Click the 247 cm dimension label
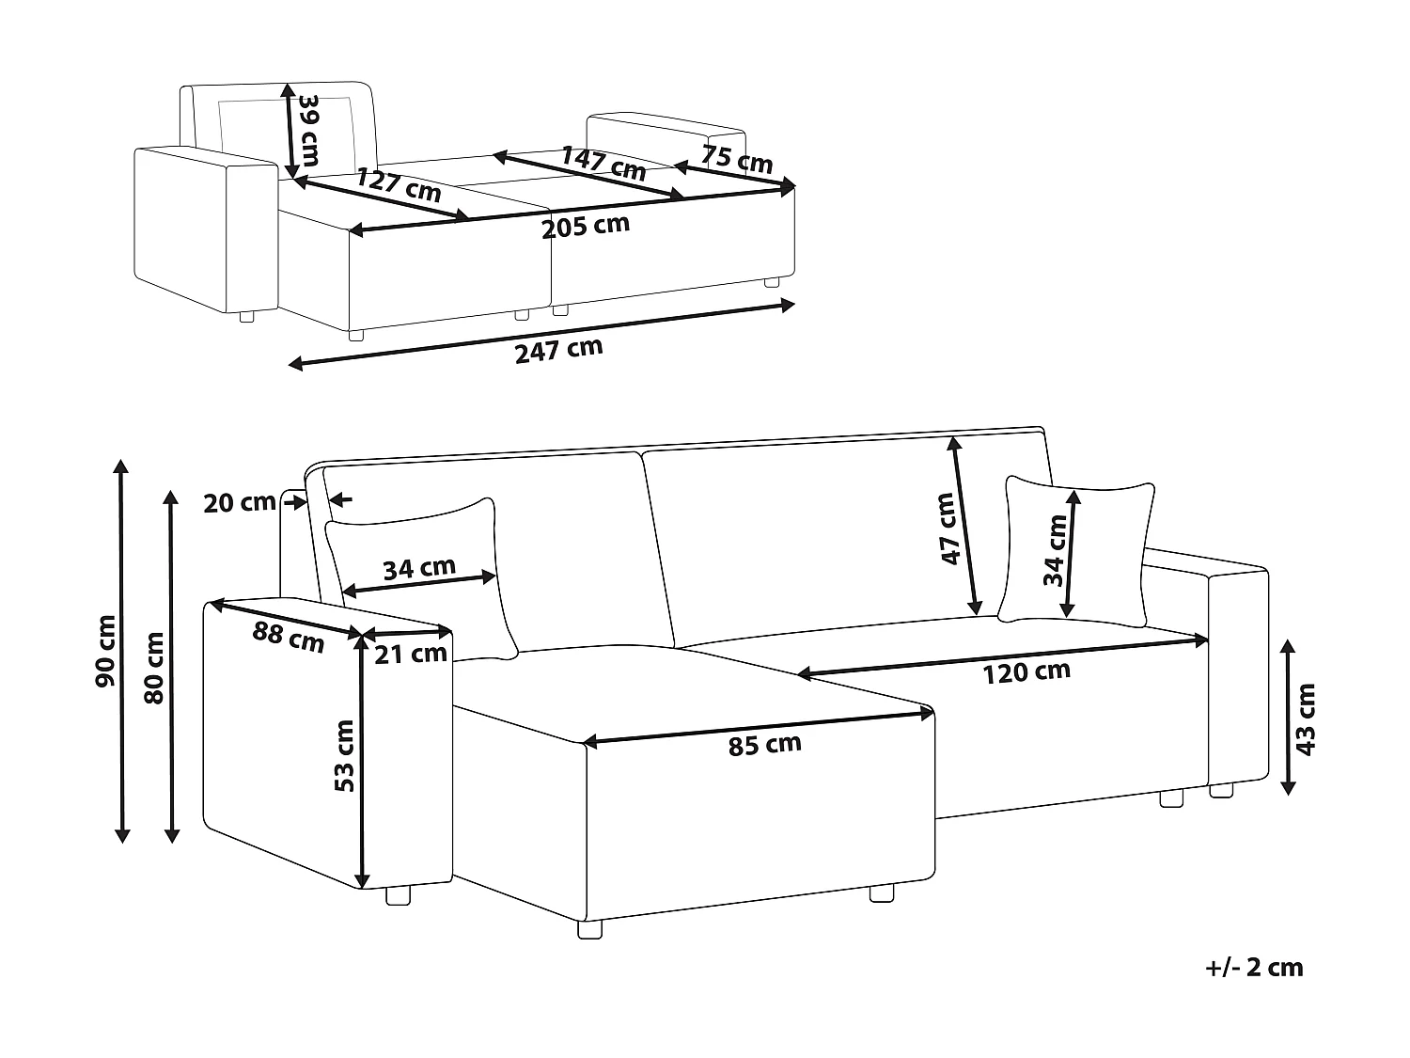559,350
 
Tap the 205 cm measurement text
586,226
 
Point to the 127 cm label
399,185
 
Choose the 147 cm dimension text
603,164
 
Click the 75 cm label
737,159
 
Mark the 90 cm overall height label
105,651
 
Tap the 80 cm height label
154,668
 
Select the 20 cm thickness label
240,502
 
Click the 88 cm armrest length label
288,637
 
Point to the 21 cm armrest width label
411,654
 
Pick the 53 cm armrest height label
345,755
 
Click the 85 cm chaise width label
764,745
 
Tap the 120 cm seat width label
1026,672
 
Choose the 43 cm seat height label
1306,719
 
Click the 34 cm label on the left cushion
419,568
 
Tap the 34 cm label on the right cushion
1055,550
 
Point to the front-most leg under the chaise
589,929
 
